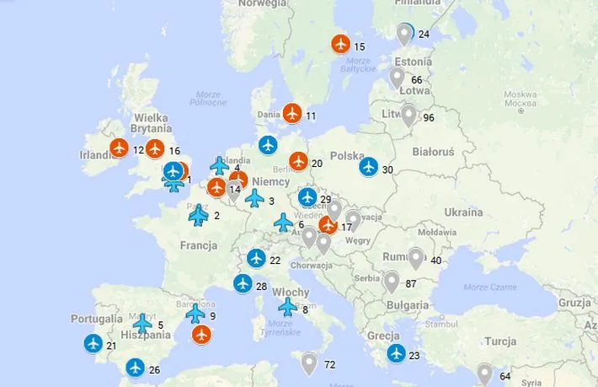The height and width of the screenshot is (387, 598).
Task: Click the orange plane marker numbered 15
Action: (340, 44)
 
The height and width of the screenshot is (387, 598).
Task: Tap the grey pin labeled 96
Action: (408, 115)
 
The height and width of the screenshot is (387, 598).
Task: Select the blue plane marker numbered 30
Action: (368, 166)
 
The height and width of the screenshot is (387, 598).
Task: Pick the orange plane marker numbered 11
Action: (292, 112)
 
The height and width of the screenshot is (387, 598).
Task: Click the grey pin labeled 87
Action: (391, 281)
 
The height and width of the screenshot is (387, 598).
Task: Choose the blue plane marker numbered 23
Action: (395, 353)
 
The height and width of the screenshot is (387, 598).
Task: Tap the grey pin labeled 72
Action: (309, 363)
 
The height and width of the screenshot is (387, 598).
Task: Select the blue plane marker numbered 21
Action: (93, 344)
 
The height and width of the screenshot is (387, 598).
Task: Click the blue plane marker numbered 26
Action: (135, 368)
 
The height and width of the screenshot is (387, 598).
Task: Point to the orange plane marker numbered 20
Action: (298, 161)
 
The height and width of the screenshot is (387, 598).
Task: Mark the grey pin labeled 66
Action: (397, 78)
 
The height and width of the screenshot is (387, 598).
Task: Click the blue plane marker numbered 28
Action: (243, 284)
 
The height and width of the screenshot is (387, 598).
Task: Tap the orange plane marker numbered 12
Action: (119, 148)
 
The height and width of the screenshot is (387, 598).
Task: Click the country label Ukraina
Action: (464, 211)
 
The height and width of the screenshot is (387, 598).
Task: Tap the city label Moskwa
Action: (521, 94)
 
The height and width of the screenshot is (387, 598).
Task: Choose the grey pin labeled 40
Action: (415, 257)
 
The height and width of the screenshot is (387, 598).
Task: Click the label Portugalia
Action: (97, 320)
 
